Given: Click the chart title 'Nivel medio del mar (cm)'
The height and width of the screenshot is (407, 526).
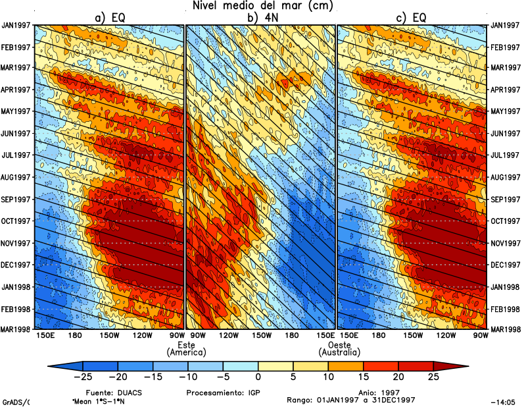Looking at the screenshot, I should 262,6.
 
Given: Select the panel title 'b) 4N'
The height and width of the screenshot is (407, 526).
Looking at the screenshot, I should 261,18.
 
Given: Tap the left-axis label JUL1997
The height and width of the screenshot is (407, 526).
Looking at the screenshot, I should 17,155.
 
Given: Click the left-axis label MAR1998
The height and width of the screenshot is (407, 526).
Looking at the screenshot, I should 17,329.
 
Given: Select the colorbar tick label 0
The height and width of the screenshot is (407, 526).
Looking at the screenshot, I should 258,377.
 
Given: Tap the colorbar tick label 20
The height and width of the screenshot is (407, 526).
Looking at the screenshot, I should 398,377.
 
